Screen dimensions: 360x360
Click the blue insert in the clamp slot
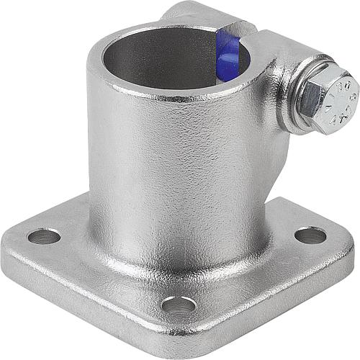click(227, 56)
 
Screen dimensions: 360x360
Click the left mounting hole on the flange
click(43, 235)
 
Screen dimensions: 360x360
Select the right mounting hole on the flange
click(310, 235)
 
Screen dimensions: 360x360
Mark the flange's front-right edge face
click(281, 295)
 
